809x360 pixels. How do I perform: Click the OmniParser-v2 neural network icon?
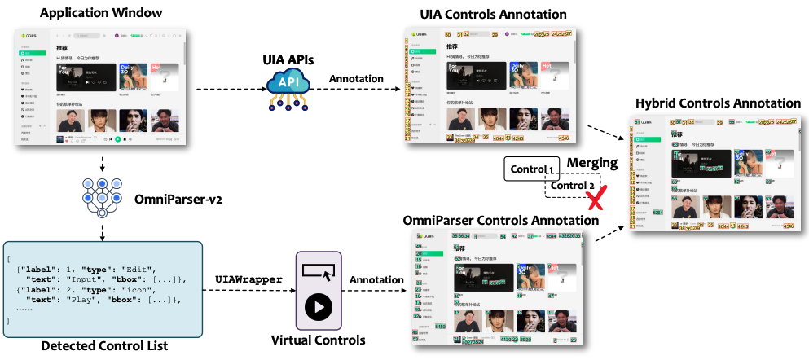tap(102, 196)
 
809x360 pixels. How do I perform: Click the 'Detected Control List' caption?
tap(103, 346)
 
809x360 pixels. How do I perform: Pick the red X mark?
tap(600, 198)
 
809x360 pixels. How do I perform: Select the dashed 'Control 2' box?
tap(573, 186)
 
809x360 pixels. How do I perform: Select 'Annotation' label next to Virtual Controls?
tap(377, 279)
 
